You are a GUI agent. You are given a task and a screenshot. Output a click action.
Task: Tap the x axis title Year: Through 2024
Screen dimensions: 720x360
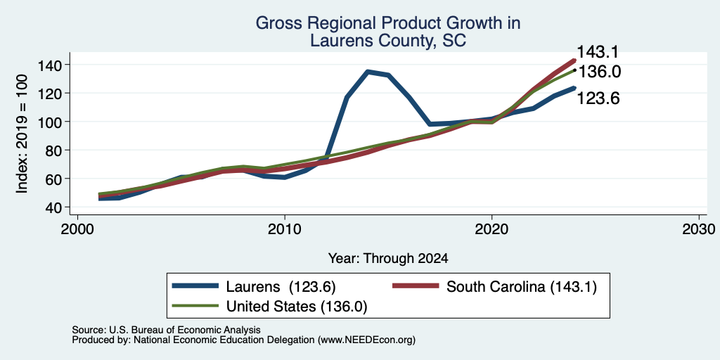pos(388,259)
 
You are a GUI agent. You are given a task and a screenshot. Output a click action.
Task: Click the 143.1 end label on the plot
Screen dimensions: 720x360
pos(598,51)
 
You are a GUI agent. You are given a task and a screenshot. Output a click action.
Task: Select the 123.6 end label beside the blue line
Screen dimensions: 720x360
pos(598,98)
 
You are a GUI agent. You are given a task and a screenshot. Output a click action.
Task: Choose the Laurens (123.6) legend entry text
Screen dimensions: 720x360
pos(281,287)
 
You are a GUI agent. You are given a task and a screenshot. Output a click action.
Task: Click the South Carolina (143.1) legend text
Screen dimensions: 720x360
pos(522,287)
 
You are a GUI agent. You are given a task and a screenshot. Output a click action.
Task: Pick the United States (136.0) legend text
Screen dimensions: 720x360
pos(297,307)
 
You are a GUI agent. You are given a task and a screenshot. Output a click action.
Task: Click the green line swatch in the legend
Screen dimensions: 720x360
pos(195,306)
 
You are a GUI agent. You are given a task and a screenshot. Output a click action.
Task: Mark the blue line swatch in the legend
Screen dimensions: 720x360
pos(195,286)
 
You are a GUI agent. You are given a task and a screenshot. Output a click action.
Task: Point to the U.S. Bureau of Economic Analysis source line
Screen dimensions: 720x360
pos(166,330)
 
